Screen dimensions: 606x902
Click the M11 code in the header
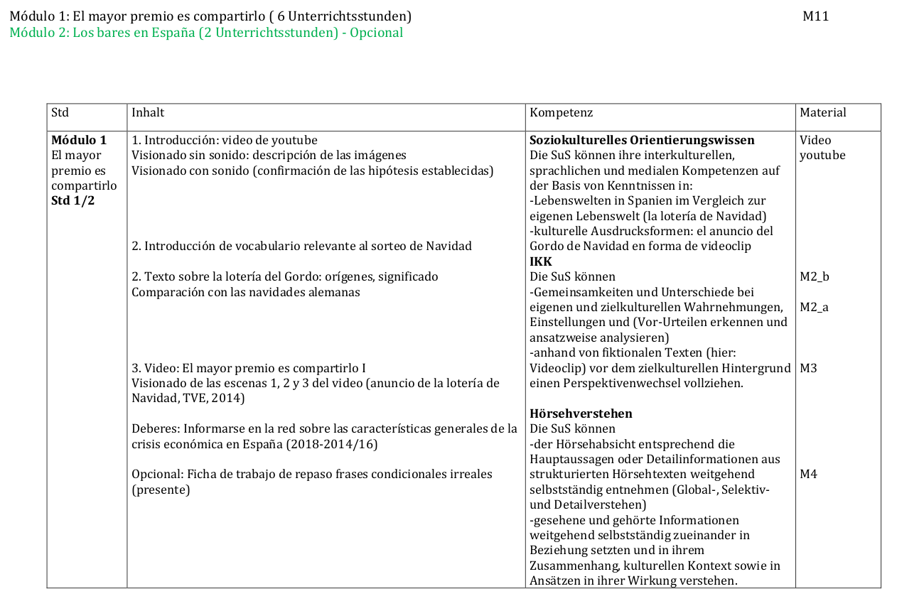(x=815, y=16)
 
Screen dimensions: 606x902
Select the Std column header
(x=60, y=112)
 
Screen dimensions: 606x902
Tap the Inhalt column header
(x=148, y=112)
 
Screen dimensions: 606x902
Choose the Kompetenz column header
(x=561, y=112)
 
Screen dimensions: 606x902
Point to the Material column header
(x=822, y=112)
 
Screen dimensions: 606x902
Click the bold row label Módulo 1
(x=79, y=140)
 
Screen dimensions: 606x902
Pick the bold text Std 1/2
(x=73, y=200)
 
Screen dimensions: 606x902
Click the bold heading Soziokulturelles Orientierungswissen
(x=642, y=140)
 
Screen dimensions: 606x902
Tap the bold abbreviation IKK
(x=541, y=261)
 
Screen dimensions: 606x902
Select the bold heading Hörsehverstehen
(x=581, y=413)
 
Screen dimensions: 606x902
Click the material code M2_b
(x=815, y=276)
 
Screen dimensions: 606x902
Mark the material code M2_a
(x=815, y=307)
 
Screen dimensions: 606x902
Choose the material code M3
(x=808, y=368)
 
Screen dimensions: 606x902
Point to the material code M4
(x=808, y=474)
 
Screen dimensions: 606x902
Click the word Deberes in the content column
(x=154, y=428)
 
